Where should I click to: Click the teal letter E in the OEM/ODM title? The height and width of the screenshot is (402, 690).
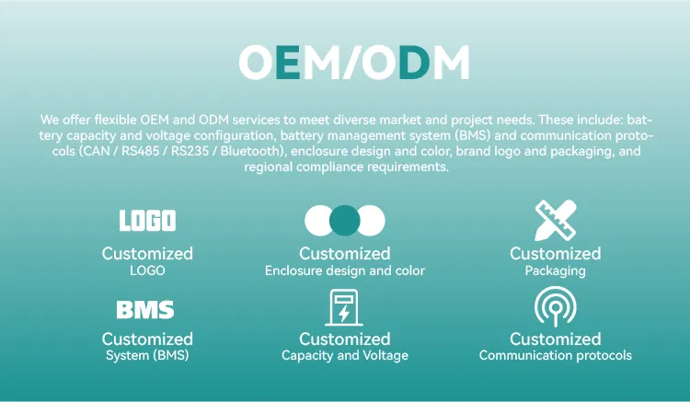click(x=288, y=63)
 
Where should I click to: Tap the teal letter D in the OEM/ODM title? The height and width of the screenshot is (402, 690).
click(x=414, y=63)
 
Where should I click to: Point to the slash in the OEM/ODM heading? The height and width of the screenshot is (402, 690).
click(x=351, y=63)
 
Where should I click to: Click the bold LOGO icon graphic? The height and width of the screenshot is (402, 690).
click(x=147, y=221)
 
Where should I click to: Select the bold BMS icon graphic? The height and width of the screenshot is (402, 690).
click(x=145, y=310)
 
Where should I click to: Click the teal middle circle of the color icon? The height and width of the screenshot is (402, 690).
click(x=345, y=221)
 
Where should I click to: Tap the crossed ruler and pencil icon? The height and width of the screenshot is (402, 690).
click(x=556, y=221)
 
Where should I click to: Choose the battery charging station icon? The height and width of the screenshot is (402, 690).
click(x=344, y=307)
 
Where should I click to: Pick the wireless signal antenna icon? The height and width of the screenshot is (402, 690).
click(x=556, y=306)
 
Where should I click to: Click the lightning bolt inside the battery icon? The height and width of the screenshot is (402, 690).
click(x=344, y=314)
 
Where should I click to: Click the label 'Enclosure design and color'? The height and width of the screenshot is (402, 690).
click(x=345, y=271)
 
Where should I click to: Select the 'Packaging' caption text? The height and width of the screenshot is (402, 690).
click(x=556, y=271)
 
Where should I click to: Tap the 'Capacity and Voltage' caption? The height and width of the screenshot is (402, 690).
click(x=345, y=355)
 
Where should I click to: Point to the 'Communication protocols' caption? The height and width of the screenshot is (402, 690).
click(x=556, y=355)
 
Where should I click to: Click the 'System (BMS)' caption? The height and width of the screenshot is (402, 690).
click(x=147, y=355)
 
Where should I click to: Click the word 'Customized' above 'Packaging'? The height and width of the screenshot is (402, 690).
click(x=556, y=254)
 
